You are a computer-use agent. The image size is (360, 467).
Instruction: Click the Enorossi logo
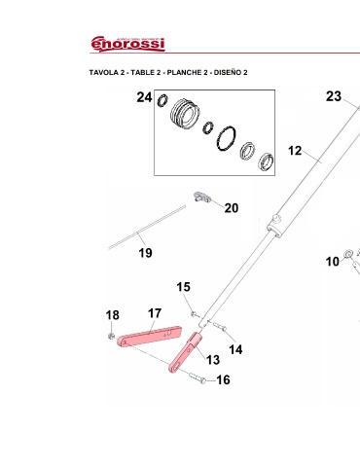coord(127,44)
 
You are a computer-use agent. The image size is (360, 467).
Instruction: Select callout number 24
coord(144,97)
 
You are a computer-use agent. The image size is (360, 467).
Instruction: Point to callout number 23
coord(334,96)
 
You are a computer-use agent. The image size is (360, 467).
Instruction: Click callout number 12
coord(295,151)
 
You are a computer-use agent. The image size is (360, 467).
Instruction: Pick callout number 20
coord(232,208)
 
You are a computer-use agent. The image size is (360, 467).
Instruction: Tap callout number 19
coord(145,253)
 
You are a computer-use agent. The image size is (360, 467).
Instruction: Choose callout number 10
coord(333,262)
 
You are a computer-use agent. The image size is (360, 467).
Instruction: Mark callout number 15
coord(184,287)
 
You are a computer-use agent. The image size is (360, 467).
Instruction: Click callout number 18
coord(113,315)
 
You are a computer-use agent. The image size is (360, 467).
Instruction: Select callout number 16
coord(224,379)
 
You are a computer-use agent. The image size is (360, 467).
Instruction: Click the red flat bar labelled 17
coord(149,337)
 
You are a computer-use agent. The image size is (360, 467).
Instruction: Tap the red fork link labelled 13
coord(186,352)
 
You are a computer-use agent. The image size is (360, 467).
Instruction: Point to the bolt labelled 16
coord(197,377)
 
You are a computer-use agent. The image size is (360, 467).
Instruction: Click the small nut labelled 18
coord(111,336)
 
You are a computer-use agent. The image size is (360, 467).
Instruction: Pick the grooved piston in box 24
coord(185,114)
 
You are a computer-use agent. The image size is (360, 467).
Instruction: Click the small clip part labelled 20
coord(202,197)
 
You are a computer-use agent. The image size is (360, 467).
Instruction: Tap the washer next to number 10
coord(348,254)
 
